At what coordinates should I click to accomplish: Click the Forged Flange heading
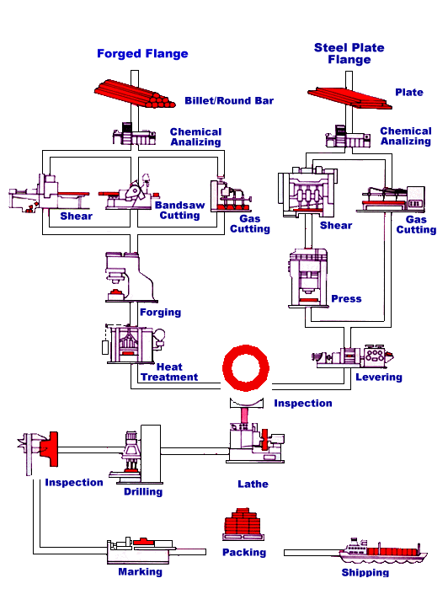point(142,54)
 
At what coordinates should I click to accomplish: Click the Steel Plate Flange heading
point(349,54)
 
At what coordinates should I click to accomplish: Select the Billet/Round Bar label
point(229,101)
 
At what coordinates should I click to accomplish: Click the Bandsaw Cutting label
point(179,210)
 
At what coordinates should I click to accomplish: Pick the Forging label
point(160,313)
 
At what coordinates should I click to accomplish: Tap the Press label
point(346,299)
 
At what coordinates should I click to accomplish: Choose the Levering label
point(379,377)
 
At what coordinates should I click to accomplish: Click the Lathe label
point(253,485)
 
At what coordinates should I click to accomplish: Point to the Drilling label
point(143,491)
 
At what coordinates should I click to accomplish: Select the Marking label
point(140,572)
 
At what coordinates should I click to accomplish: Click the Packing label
point(244,553)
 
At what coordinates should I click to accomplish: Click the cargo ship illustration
point(378,550)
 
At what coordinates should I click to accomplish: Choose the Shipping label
point(365,573)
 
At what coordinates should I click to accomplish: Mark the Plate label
point(409,93)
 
